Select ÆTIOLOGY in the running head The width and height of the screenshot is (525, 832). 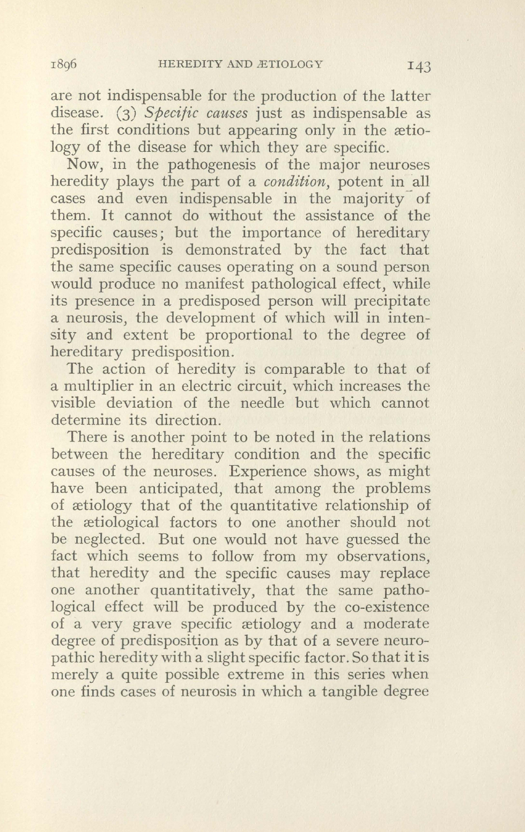289,65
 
